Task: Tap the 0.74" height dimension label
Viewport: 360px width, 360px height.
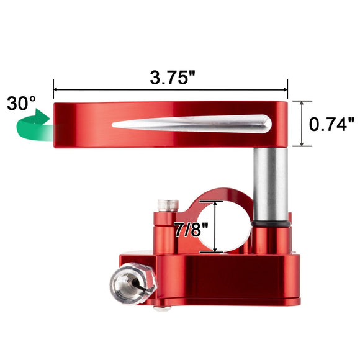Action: tap(332, 124)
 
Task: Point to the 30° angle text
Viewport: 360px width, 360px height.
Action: tap(21, 103)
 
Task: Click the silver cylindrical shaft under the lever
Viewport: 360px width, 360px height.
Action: tap(270, 180)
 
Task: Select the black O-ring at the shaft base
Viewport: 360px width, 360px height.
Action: tap(271, 222)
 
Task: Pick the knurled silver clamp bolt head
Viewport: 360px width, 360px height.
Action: tap(165, 205)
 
